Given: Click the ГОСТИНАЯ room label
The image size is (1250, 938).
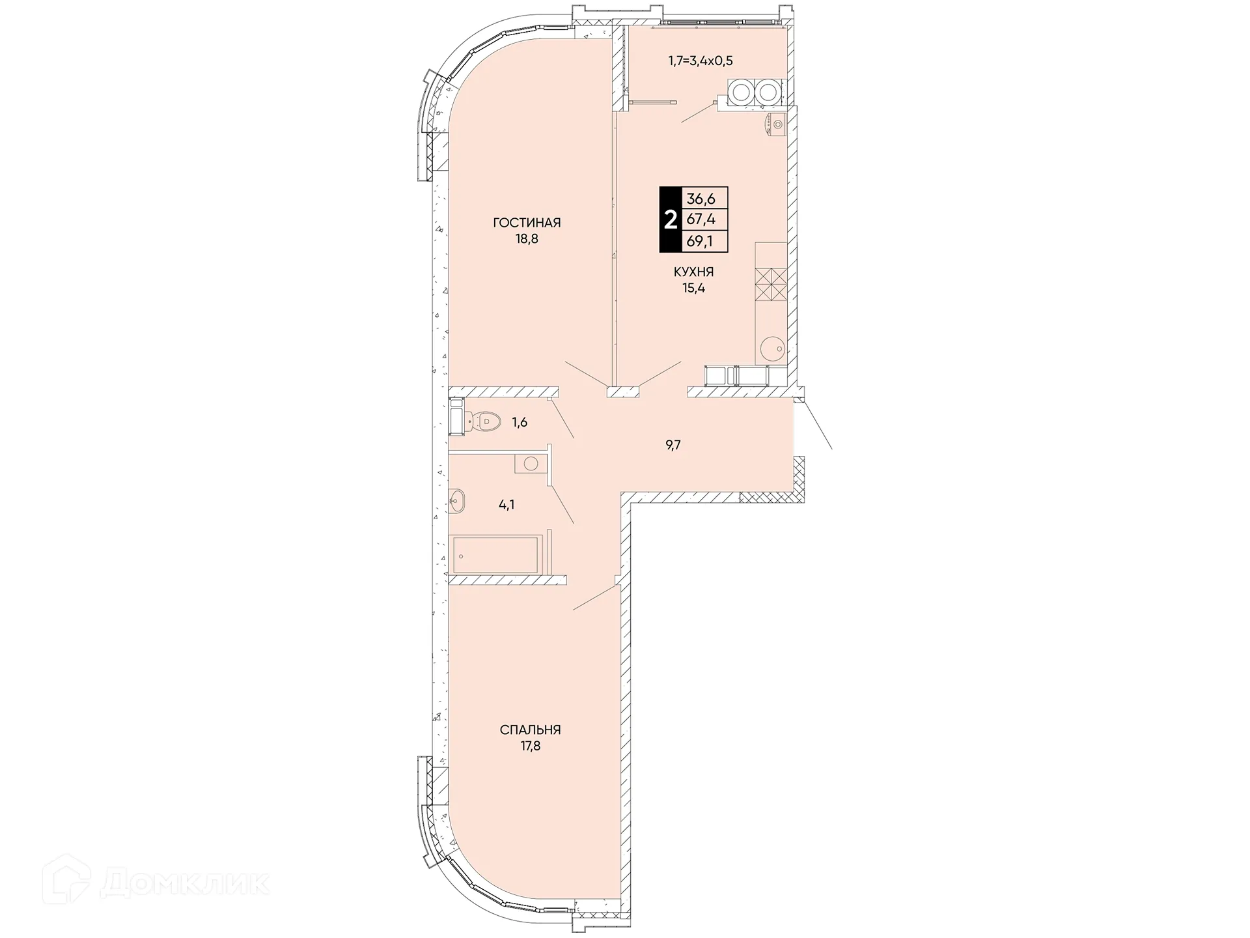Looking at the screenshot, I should pyautogui.click(x=527, y=223).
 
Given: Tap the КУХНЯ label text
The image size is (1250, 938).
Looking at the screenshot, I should pyautogui.click(x=693, y=272).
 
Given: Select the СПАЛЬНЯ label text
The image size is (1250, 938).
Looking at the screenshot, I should pyautogui.click(x=530, y=730).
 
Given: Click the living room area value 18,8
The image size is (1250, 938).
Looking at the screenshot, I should pyautogui.click(x=527, y=239).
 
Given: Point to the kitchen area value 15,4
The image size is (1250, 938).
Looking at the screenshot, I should pyautogui.click(x=693, y=288).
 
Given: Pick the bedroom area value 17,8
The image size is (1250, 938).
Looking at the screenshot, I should pyautogui.click(x=530, y=746).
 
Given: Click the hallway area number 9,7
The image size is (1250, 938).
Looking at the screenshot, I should pyautogui.click(x=673, y=446).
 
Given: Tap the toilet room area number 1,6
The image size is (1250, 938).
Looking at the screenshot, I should pyautogui.click(x=520, y=423).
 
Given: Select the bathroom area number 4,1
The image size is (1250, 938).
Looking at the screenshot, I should pyautogui.click(x=507, y=504).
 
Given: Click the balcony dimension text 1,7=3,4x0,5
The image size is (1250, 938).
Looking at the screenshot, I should pyautogui.click(x=701, y=61).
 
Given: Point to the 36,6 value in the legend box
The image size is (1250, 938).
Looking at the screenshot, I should pyautogui.click(x=701, y=199).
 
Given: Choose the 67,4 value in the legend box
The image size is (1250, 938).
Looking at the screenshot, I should pyautogui.click(x=701, y=220).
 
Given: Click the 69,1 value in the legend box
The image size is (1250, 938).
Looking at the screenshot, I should pyautogui.click(x=701, y=242).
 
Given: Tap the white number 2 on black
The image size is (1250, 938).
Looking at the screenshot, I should pyautogui.click(x=670, y=220).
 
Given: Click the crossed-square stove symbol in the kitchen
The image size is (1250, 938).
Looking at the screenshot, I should pyautogui.click(x=770, y=285).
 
